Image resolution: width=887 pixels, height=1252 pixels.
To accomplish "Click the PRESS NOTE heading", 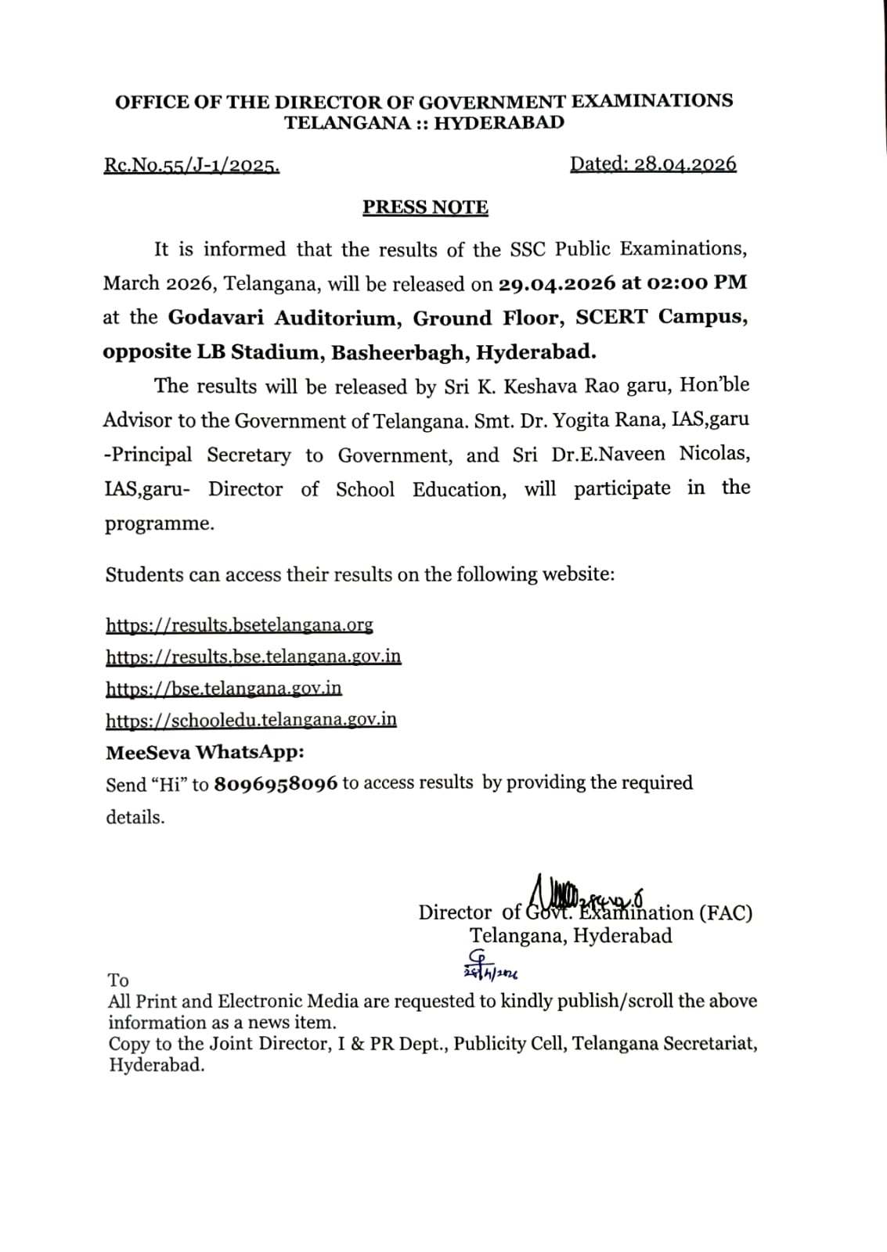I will pos(425,207).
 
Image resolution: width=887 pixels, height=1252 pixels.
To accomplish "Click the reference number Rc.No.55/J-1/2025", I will pos(192,166).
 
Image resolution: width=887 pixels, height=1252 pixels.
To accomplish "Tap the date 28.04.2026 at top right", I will pos(685,164).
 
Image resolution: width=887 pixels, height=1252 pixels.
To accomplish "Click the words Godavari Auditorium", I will pos(283,318).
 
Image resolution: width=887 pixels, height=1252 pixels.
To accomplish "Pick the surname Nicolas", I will pos(715,454).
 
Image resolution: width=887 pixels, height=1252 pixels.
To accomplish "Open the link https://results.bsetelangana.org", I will pos(240,625).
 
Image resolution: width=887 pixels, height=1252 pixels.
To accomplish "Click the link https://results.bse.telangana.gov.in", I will pos(254,657).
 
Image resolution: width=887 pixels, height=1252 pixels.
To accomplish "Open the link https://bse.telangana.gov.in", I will pos(224,689).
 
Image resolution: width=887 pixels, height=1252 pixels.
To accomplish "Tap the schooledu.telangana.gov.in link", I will pos(251,720).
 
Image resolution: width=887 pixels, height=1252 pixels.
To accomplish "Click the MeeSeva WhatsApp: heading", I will pos(205,753).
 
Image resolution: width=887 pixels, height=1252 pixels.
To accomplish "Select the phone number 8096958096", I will pos(276,784).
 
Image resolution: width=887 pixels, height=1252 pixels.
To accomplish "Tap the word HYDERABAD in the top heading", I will pos(499,123).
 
